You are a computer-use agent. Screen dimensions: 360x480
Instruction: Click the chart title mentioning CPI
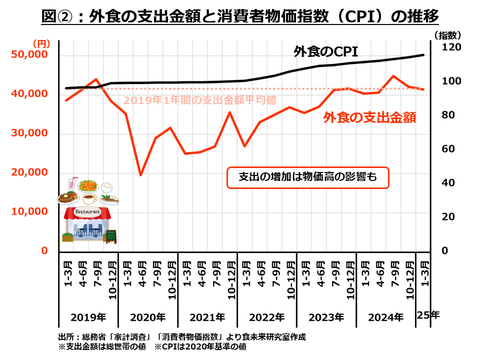240,16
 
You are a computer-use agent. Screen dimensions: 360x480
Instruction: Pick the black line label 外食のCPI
326,51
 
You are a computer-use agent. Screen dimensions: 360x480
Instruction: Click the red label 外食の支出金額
370,117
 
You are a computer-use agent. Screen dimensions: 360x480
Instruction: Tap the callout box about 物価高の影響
307,177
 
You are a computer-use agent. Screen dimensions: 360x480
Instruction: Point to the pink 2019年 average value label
200,100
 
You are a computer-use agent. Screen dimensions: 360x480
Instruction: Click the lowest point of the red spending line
141,175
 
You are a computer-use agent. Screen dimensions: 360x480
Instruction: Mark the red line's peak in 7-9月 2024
393,76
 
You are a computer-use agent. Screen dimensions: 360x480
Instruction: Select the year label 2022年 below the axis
266,317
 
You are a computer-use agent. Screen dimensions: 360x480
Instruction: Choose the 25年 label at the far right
428,315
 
